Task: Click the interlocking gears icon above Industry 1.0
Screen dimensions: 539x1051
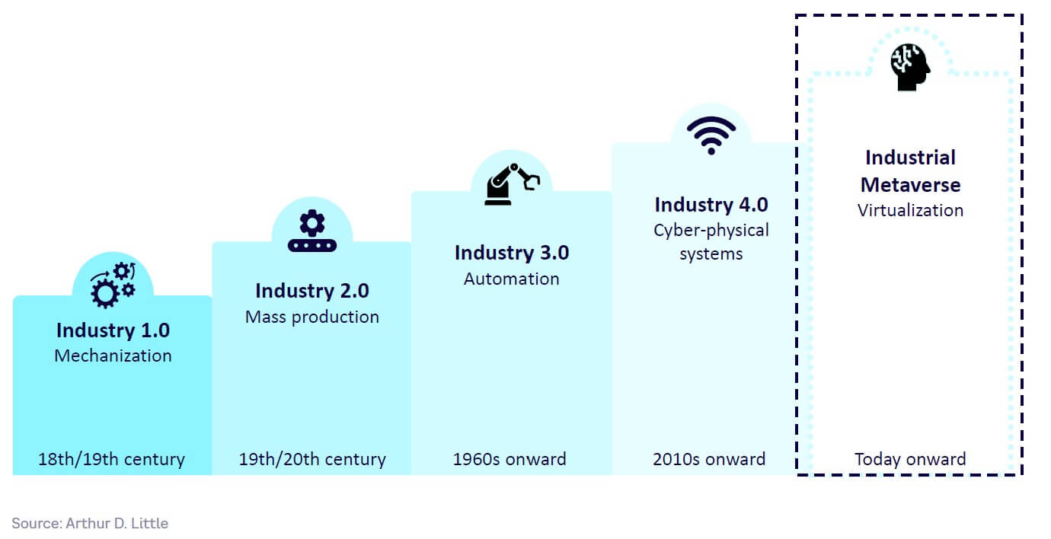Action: [113, 284]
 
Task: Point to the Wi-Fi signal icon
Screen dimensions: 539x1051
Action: [711, 135]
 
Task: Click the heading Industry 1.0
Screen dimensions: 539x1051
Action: [113, 330]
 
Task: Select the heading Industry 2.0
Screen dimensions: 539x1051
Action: [312, 291]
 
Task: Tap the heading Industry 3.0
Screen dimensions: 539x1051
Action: [512, 253]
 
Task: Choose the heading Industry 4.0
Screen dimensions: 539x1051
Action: [711, 205]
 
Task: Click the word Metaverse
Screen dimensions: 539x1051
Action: [911, 185]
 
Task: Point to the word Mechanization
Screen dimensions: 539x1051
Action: [113, 356]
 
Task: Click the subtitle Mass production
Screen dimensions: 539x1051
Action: [312, 317]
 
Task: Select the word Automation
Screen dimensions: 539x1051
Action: [512, 279]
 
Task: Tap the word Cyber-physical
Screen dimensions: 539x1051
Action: [711, 230]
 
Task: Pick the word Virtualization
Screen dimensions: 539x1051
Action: [911, 210]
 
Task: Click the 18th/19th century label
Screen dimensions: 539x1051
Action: [112, 460]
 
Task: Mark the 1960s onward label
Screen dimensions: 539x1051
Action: [510, 460]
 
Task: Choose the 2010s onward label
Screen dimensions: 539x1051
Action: [709, 460]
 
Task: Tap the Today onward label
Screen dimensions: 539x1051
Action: [910, 460]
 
